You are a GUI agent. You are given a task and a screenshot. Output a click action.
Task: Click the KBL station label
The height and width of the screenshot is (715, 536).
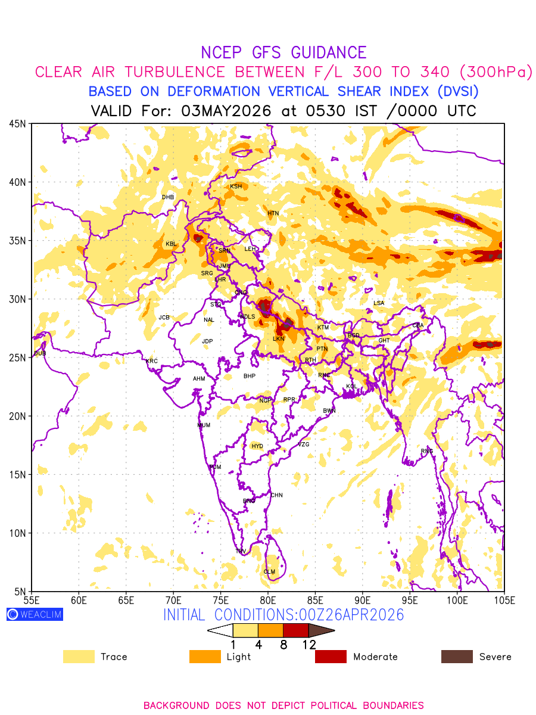click(171, 244)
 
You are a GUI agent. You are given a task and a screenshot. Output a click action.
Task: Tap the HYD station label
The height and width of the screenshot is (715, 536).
click(257, 446)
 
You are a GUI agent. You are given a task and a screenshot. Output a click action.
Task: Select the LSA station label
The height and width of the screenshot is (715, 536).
click(379, 303)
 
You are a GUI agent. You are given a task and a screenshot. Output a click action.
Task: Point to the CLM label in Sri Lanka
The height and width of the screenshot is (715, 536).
click(269, 572)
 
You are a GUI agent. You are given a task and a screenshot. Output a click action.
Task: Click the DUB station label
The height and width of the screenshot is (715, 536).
click(40, 353)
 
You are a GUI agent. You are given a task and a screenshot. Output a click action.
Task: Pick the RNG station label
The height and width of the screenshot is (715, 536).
click(427, 451)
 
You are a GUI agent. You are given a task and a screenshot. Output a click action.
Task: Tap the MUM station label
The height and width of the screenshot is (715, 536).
click(204, 425)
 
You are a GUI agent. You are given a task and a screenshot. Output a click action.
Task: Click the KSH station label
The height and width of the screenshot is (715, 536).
click(236, 186)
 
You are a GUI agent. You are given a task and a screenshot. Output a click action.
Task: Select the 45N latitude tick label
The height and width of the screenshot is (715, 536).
click(17, 124)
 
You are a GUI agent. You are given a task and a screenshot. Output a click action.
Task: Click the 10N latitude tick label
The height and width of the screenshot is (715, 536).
click(17, 533)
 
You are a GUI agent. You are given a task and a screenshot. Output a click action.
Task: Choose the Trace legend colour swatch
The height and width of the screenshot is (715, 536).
click(79, 657)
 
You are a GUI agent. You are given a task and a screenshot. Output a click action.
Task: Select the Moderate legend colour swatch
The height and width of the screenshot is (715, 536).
click(331, 657)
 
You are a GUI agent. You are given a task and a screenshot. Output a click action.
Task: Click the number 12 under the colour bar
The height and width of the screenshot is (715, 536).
click(308, 645)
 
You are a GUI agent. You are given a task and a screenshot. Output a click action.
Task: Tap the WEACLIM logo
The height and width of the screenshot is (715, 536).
click(35, 614)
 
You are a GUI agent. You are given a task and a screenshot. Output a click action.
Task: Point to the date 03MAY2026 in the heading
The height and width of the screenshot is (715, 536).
click(226, 111)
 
